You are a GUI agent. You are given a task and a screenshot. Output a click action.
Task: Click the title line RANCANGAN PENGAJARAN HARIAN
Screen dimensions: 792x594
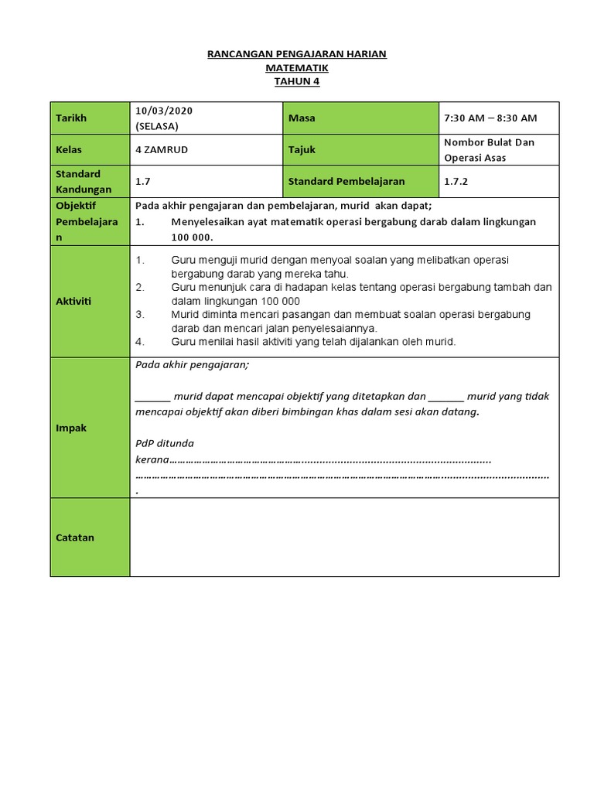[297, 54]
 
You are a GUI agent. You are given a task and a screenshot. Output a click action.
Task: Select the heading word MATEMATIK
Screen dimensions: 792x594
[297, 68]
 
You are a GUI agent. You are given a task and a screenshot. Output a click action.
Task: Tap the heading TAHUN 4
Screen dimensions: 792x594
[297, 82]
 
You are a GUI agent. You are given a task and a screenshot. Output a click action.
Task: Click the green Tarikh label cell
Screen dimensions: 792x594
[90, 118]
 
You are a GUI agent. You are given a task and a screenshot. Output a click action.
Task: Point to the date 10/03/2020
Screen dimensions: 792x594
[164, 111]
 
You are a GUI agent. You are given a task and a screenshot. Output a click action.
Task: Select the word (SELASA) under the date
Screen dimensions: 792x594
[158, 126]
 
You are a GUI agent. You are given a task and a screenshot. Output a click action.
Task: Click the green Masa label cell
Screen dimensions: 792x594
[360, 118]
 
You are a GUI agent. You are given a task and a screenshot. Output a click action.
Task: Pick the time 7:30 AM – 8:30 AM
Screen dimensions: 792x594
[490, 118]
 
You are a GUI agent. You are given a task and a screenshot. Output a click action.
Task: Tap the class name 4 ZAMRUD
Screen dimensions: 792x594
[162, 150]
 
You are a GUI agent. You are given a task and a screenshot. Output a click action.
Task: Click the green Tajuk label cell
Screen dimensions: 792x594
[360, 150]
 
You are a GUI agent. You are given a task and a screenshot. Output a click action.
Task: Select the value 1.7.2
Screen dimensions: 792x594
[456, 182]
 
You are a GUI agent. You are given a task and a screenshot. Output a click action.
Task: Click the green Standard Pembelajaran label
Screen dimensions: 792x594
[360, 182]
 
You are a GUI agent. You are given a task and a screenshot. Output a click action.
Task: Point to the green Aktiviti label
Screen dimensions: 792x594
[90, 302]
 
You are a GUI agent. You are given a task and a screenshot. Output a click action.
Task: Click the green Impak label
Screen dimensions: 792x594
[90, 428]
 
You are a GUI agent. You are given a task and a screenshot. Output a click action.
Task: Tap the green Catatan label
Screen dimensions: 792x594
[90, 538]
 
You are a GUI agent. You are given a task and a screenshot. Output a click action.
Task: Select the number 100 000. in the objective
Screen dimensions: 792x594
[192, 237]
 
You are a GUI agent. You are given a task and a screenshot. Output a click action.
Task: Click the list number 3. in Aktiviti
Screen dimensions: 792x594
[140, 315]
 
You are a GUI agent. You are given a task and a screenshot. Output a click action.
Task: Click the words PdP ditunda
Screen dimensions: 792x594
[165, 444]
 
